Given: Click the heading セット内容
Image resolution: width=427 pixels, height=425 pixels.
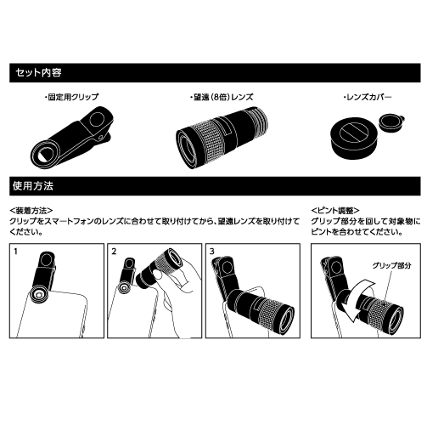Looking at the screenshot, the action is [38, 73].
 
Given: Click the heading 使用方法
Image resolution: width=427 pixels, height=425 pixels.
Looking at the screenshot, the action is [33, 186].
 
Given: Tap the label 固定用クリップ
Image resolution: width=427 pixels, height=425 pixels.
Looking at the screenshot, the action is [71, 97].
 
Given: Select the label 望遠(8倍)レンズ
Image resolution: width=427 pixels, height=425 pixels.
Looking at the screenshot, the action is [222, 97].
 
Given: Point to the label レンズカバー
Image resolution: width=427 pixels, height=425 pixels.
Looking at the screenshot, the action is [367, 97].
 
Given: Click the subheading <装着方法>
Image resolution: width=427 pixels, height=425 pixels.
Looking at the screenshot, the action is [31, 211].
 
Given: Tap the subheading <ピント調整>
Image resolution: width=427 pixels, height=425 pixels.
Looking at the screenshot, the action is [335, 211].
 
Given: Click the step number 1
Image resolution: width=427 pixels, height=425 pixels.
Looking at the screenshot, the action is [15, 252].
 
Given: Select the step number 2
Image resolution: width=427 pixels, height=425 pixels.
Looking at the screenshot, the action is [114, 252].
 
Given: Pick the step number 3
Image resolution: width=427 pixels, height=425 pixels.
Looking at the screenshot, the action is [212, 252].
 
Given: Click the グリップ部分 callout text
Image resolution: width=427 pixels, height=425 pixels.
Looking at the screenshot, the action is [391, 265].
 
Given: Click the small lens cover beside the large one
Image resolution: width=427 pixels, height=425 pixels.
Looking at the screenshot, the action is [391, 122].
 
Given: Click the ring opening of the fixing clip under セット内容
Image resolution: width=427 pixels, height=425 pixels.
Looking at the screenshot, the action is [45, 155].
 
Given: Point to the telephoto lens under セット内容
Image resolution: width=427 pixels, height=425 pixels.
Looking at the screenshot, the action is [222, 138].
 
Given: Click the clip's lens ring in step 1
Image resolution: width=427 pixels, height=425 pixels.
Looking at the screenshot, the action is [38, 295].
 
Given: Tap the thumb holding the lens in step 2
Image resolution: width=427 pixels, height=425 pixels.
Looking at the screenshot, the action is [160, 278].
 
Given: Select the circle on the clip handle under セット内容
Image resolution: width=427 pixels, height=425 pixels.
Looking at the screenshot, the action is [98, 120].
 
